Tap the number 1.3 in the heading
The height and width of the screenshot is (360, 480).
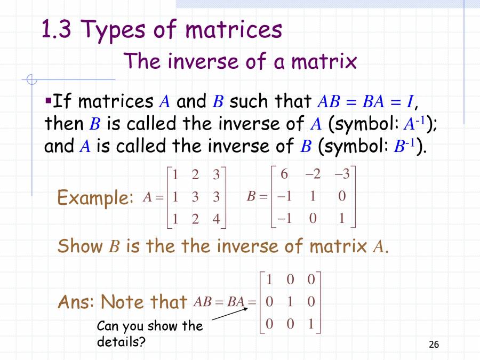coord(57,30)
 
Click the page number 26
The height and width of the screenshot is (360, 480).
coord(434,345)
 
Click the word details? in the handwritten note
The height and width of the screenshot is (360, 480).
coord(121,341)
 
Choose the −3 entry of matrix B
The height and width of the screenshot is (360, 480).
coord(342,174)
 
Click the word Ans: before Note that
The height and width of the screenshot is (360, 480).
coord(76,302)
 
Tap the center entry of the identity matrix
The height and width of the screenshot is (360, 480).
coord(290,302)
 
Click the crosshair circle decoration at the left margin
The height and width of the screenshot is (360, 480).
coord(32,81)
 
